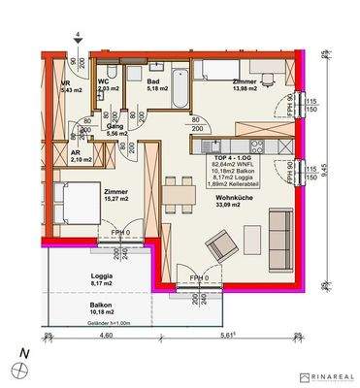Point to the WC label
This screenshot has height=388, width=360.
(104, 81)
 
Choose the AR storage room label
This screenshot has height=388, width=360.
(74, 151)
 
